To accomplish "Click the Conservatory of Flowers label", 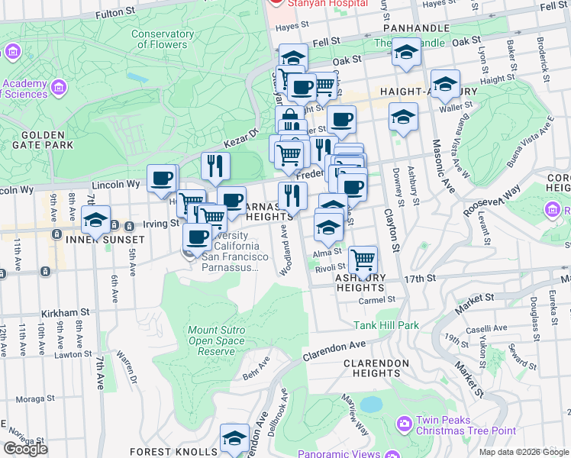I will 162,39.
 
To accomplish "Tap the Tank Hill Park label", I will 386,325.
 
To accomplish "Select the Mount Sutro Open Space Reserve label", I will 216,340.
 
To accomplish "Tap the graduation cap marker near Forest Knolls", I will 234,438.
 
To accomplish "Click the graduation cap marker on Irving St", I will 95,220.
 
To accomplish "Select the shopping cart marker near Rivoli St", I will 363,260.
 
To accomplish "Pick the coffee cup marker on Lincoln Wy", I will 161,178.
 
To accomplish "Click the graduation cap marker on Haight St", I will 445,83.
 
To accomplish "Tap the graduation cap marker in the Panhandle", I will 406,51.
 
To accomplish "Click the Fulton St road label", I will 115,13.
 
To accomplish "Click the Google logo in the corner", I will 24,449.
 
